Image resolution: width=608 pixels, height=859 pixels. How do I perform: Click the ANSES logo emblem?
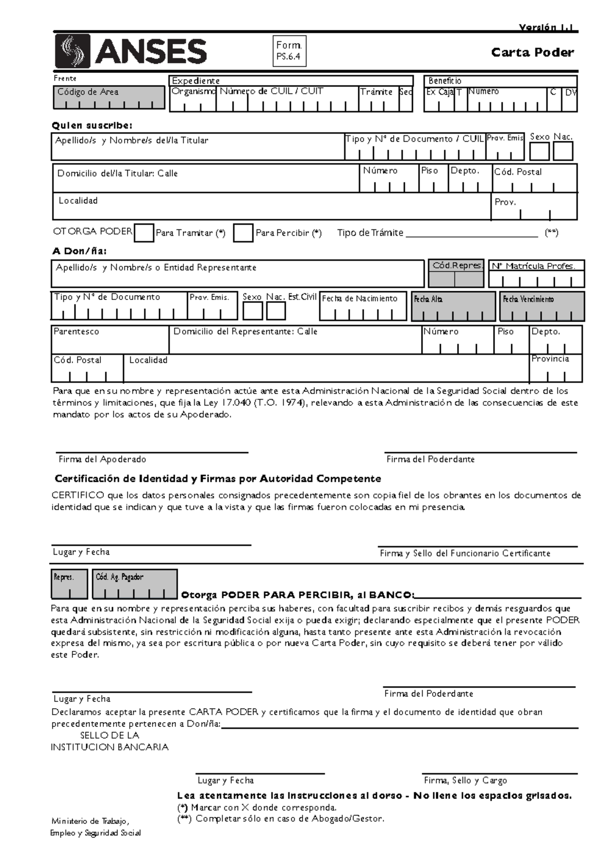pos(72,51)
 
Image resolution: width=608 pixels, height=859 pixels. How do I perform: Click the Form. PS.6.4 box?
pos(289,51)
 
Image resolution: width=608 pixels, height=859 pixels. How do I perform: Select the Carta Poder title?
pos(532,53)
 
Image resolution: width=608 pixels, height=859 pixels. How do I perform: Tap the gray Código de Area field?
pos(108,97)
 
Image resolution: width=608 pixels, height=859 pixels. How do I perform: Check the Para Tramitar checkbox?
pos(144,233)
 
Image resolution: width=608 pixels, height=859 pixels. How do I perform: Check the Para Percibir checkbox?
pos(243,233)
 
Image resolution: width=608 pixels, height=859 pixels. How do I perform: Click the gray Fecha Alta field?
pos(453,306)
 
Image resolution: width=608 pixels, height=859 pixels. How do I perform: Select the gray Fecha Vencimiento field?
pos(542,306)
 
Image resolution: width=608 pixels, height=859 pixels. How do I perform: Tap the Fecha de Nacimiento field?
pos(363,306)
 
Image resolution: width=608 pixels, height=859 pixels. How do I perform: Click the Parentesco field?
pos(109,340)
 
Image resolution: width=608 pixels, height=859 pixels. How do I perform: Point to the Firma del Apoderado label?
pos(102,459)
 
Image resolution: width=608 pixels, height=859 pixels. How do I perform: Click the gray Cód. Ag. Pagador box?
pos(135,584)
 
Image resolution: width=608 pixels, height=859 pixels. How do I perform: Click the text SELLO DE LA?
pos(109,735)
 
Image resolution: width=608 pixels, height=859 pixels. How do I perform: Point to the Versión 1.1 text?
pos(546,28)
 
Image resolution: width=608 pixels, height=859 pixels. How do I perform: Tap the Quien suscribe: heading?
pos(93,126)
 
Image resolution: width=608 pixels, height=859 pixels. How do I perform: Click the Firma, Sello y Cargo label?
pos(465,780)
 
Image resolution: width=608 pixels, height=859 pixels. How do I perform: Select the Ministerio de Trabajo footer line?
pos(90,821)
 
